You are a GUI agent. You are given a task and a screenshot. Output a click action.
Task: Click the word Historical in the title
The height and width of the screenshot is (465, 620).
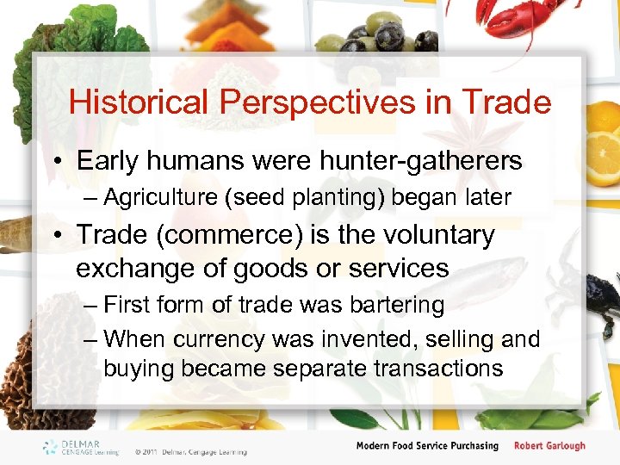tap(139, 102)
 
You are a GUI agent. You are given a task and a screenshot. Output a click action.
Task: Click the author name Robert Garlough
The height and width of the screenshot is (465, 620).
tap(549, 445)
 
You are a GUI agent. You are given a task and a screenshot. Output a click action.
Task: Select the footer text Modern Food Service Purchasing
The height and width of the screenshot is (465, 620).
tap(427, 445)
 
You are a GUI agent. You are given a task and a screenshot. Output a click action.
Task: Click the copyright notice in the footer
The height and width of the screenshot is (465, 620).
tap(190, 451)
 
